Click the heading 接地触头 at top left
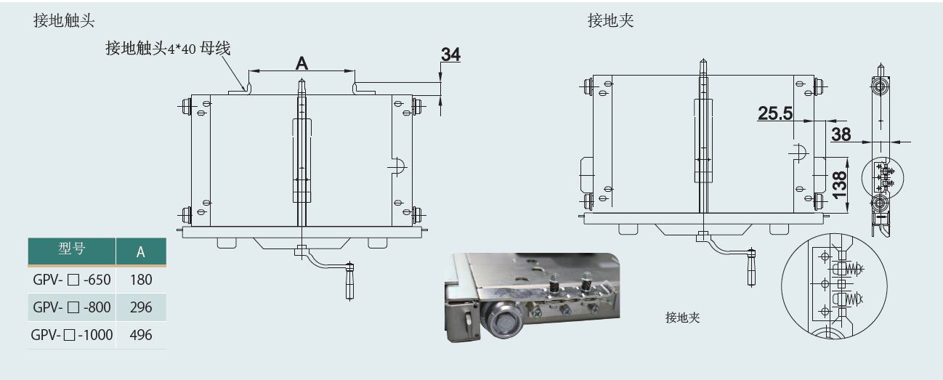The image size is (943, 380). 64,21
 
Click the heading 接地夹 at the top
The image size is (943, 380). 610,21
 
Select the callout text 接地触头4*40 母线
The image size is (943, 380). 167,49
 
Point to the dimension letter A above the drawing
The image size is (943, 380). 301,63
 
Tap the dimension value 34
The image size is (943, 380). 450,54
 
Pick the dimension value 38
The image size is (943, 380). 841,134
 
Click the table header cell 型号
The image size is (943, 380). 71,251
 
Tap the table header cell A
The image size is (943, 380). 141,252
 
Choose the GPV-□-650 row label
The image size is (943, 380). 71,280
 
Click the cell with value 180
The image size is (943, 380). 141,280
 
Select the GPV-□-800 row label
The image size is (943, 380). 71,307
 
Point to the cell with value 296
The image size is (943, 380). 141,307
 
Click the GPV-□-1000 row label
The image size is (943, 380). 71,335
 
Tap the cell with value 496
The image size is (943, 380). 141,335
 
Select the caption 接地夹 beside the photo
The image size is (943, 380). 682,318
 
